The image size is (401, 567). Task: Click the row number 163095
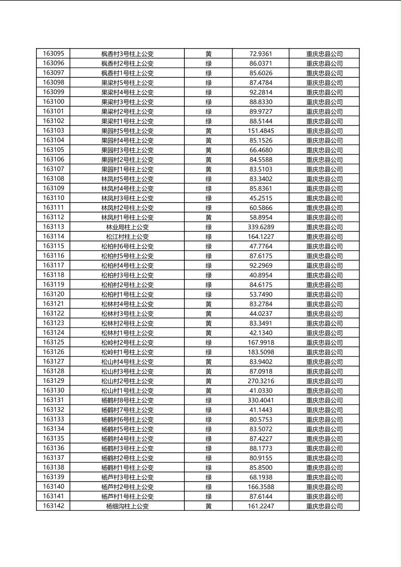point(53,53)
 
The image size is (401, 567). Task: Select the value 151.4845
point(261,131)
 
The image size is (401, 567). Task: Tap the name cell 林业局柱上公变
point(127,227)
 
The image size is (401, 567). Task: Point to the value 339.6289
point(261,227)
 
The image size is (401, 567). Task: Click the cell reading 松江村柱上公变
point(127,237)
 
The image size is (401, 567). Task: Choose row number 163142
point(53,506)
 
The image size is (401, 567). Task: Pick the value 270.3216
point(261,381)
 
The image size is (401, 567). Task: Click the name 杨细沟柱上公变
point(127,506)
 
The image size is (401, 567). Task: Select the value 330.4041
point(261,400)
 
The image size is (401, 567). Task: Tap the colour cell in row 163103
point(209,131)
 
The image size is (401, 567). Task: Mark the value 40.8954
point(261,275)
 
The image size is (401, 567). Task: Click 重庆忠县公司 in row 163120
point(324,294)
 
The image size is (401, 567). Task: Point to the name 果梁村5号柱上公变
point(127,83)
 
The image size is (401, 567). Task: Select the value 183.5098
point(261,352)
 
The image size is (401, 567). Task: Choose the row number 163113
point(53,227)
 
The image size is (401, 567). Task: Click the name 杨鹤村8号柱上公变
point(127,400)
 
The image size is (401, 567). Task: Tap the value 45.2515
point(261,198)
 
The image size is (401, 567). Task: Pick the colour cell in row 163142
point(209,506)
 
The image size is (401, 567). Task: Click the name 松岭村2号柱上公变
point(127,342)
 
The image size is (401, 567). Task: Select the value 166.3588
point(261,487)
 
